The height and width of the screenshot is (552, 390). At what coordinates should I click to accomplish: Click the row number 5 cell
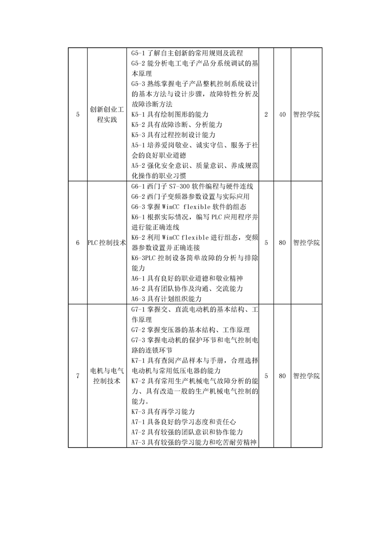[x=78, y=115]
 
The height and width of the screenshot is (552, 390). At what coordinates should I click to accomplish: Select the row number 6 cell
[x=78, y=243]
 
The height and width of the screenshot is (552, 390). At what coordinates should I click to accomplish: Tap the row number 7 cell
[x=78, y=376]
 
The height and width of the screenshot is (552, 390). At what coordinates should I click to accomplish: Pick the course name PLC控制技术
[x=107, y=243]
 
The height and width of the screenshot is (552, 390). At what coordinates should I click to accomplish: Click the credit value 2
[x=266, y=115]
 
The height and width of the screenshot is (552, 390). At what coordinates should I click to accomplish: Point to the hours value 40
[x=282, y=115]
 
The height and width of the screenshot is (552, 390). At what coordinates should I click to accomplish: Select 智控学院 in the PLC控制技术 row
[x=306, y=243]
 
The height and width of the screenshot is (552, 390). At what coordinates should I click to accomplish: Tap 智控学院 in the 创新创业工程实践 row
[x=306, y=115]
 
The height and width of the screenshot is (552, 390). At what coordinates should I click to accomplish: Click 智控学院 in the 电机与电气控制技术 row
[x=306, y=376]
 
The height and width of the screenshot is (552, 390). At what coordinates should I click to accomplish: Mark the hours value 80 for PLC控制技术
[x=282, y=243]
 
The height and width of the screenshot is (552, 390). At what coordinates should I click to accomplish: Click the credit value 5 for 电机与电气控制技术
[x=266, y=376]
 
